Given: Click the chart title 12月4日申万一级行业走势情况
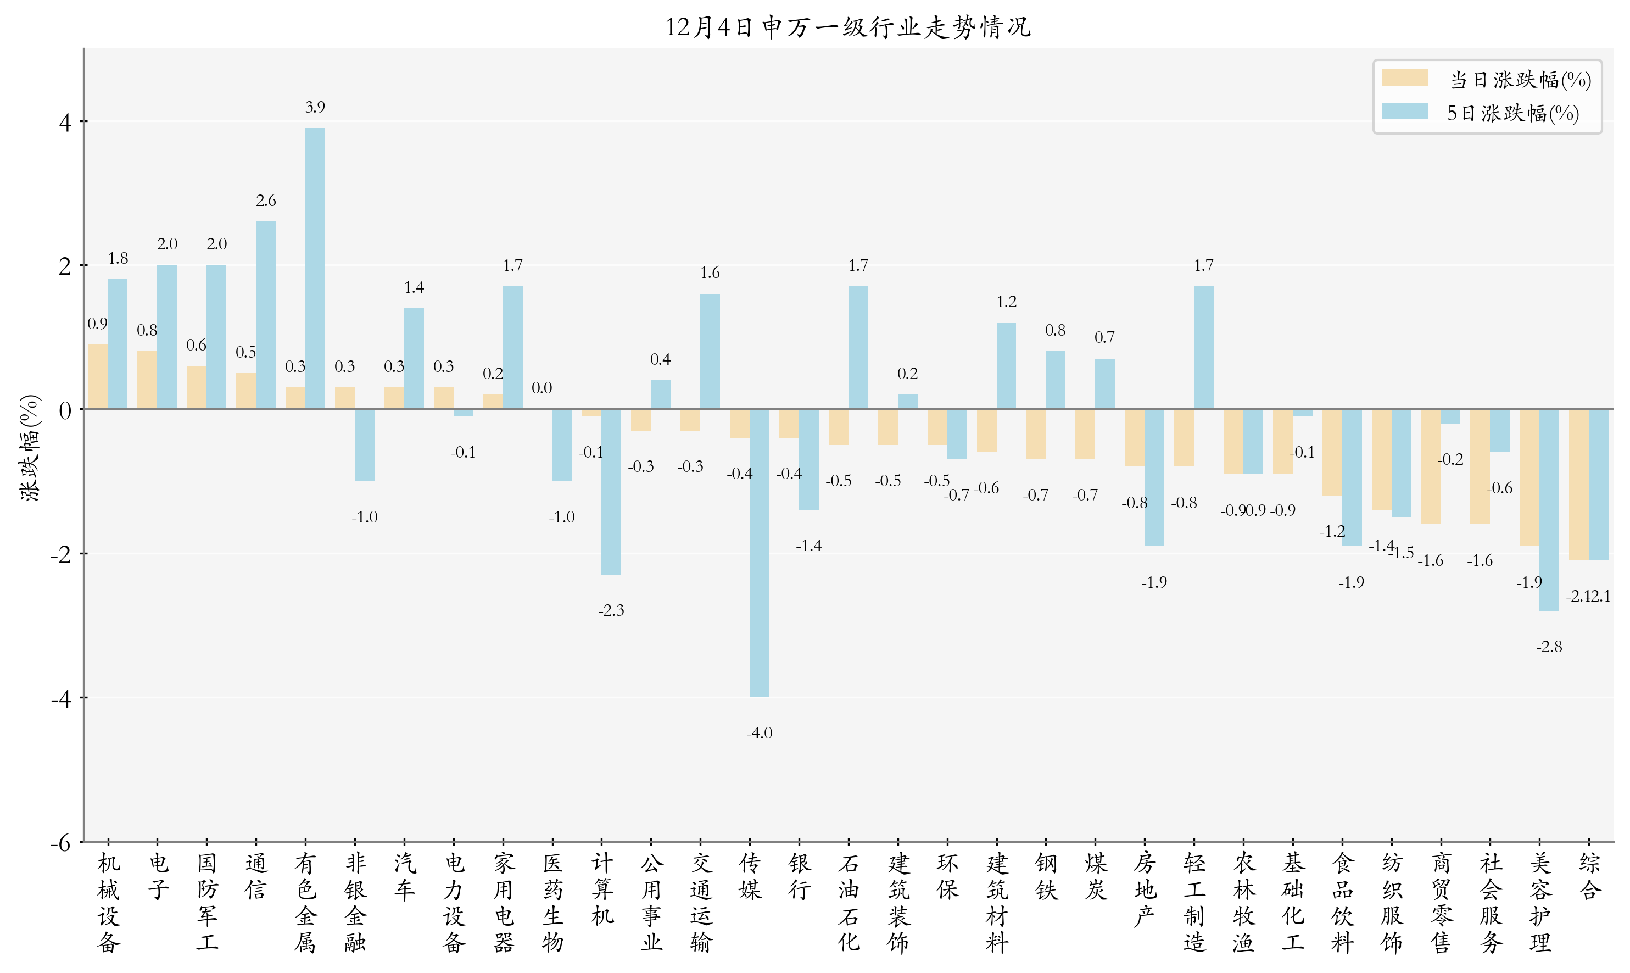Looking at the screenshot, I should [x=847, y=27].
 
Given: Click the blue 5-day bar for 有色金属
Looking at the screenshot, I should [x=315, y=268].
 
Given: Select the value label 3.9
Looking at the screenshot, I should [x=315, y=107].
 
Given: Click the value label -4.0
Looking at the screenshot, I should [x=759, y=733].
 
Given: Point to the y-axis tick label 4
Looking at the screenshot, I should [x=65, y=123].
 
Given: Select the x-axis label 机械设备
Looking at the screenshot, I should [x=109, y=902].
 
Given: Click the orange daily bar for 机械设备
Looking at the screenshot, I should [x=98, y=376].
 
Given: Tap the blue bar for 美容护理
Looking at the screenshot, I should [x=1549, y=509].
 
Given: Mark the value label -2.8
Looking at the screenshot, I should [x=1549, y=647].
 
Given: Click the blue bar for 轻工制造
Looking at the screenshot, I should [x=1203, y=347].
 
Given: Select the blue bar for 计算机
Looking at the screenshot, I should [x=611, y=492].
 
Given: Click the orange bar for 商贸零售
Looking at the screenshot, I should [x=1431, y=466].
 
